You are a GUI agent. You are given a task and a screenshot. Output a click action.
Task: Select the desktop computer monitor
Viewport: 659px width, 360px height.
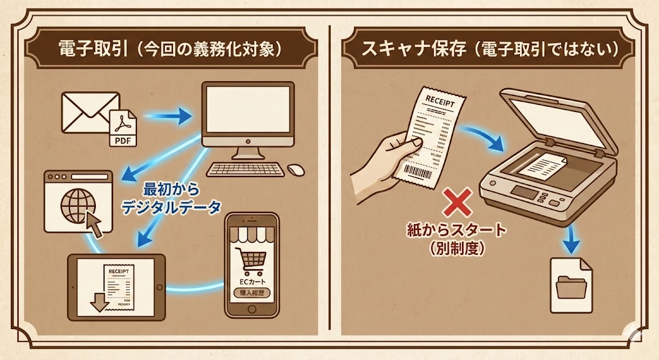[247, 115]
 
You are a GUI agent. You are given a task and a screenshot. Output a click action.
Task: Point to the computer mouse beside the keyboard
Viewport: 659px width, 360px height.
[295, 169]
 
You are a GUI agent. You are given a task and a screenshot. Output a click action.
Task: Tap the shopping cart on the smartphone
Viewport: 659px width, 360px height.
[252, 259]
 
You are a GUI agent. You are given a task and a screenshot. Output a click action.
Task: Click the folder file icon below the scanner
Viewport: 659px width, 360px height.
[571, 279]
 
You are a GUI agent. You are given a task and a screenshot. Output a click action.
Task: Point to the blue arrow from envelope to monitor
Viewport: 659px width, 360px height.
[169, 117]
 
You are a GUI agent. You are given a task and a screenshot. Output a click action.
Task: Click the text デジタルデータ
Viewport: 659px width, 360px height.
[171, 207]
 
